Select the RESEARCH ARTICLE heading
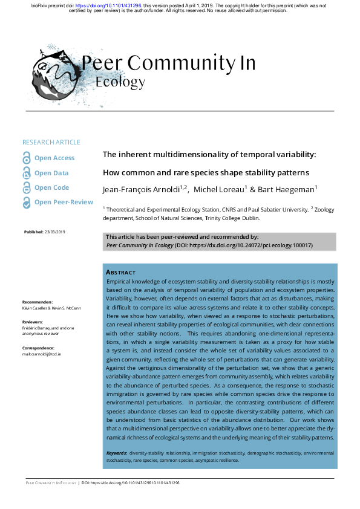click(x=51, y=142)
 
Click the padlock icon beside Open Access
click(x=26, y=158)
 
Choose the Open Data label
click(x=51, y=173)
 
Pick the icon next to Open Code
click(x=26, y=188)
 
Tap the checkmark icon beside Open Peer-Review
click(x=26, y=203)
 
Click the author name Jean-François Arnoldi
click(x=143, y=190)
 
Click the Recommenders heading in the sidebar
click(x=38, y=302)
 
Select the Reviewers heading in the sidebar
click(x=34, y=323)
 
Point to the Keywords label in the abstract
click(x=116, y=452)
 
